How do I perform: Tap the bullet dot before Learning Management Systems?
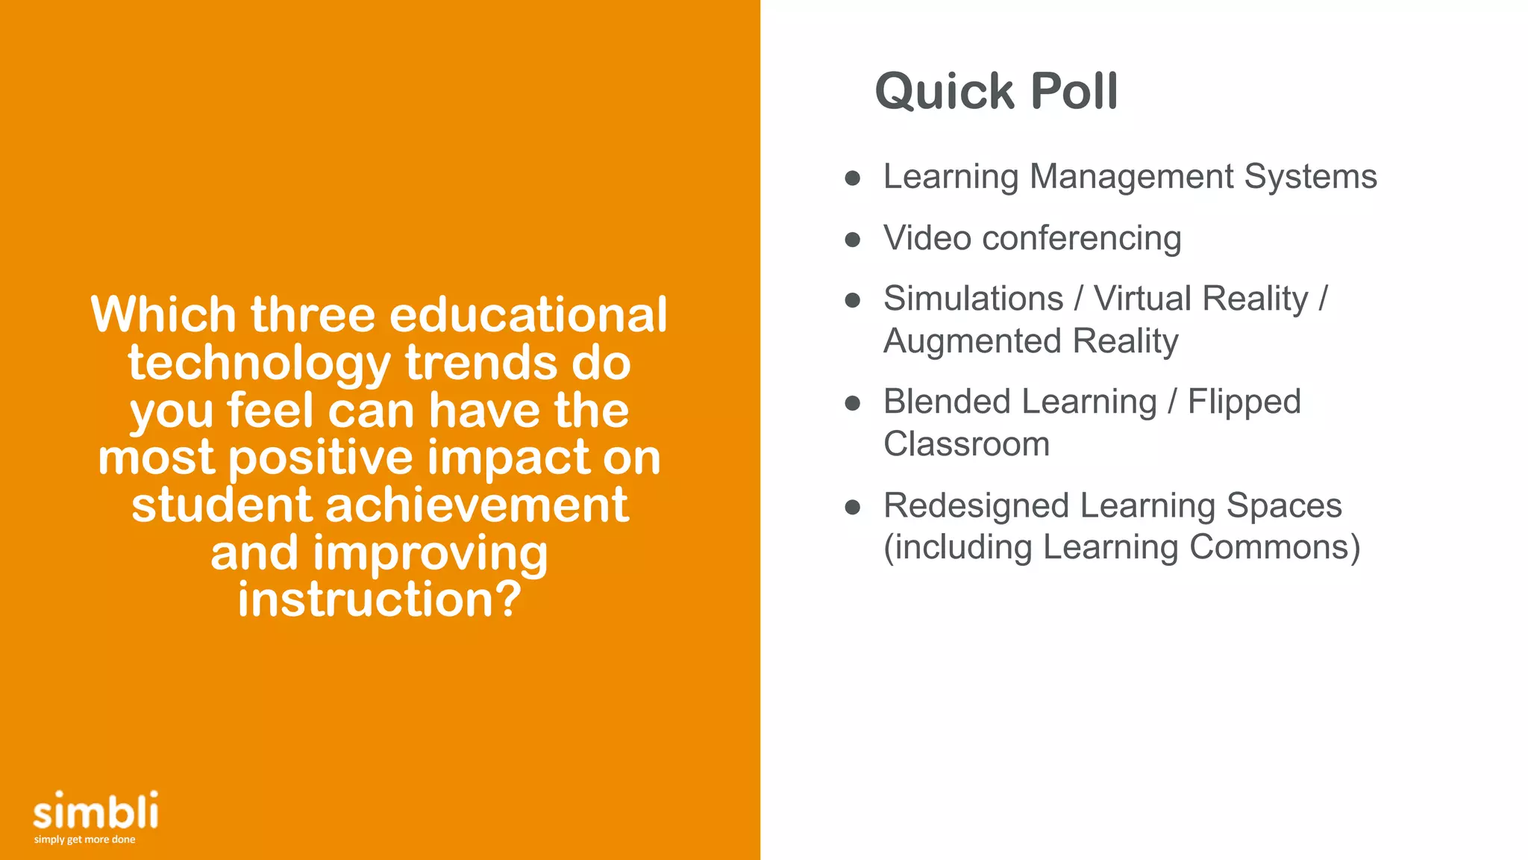click(853, 178)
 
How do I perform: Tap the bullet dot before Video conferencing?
click(853, 240)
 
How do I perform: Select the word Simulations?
click(973, 299)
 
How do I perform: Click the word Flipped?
click(1244, 402)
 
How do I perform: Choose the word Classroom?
click(966, 444)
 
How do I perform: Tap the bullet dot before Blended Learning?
click(853, 404)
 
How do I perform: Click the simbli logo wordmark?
click(95, 811)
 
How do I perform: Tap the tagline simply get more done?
click(84, 840)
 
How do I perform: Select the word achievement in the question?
click(477, 505)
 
